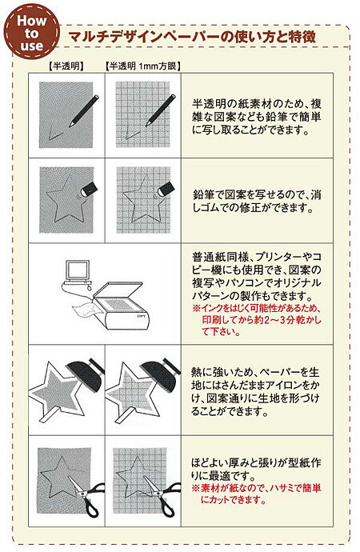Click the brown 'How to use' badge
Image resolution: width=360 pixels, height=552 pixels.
click(32, 31)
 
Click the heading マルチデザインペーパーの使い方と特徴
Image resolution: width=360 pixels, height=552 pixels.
click(192, 37)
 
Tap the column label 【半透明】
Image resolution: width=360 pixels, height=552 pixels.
click(66, 66)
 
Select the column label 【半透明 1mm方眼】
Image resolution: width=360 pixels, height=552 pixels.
click(143, 66)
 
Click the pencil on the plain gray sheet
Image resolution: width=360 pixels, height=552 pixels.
click(84, 110)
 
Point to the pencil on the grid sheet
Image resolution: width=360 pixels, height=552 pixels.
click(161, 110)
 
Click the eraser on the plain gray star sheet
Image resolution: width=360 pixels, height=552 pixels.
click(88, 188)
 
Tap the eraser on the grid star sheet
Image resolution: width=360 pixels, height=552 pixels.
click(165, 188)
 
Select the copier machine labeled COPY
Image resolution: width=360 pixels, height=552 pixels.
click(122, 306)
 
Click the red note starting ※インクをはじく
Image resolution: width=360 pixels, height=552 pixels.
click(257, 320)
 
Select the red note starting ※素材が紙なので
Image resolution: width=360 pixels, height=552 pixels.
click(256, 494)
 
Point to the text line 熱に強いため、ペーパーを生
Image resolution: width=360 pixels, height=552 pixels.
click(255, 372)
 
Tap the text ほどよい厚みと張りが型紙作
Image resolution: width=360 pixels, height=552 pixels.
click(256, 462)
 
